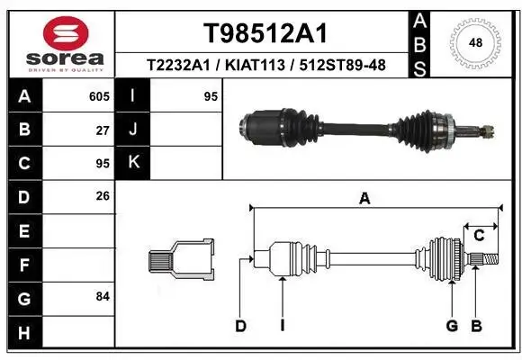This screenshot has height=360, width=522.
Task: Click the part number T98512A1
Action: click(264, 33)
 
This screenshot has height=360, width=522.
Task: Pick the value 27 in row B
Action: click(102, 130)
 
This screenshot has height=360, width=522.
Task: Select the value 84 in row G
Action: click(102, 295)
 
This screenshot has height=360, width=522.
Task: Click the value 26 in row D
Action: click(102, 195)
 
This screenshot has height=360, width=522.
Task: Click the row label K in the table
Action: click(133, 163)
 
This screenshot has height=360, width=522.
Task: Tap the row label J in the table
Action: click(133, 130)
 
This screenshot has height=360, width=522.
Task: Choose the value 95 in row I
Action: click(211, 96)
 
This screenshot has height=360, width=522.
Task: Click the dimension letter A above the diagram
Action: click(364, 198)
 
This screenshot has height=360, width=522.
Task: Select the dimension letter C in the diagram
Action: click(480, 236)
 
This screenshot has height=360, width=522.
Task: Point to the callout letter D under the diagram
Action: click(240, 326)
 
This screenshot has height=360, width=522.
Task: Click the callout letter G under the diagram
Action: click(453, 326)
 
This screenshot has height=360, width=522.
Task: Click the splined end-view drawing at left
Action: click(181, 260)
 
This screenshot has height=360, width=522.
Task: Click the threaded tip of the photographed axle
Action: click(487, 132)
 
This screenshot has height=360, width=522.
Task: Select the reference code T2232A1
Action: click(182, 66)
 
